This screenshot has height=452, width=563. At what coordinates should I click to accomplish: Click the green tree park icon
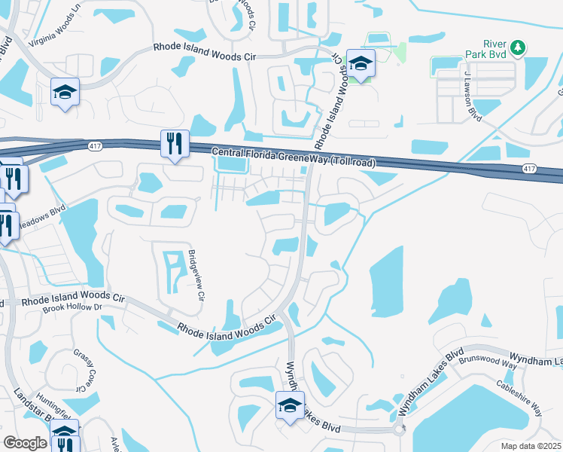pyautogui.click(x=517, y=49)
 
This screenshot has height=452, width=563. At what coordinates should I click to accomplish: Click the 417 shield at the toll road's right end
pyautogui.click(x=531, y=169)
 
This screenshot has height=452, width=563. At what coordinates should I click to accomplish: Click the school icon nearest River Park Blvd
pyautogui.click(x=361, y=63)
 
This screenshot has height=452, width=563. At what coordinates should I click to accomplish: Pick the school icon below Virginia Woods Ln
pyautogui.click(x=65, y=93)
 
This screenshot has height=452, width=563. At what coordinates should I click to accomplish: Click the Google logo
pyautogui.click(x=26, y=442)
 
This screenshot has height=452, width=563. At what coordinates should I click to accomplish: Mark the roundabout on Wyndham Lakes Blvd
pyautogui.click(x=398, y=430)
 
